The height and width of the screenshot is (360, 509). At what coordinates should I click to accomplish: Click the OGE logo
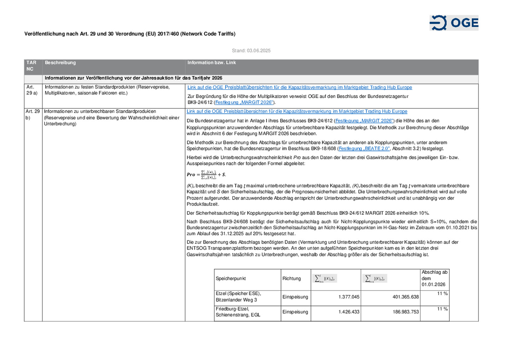click(x=454, y=23)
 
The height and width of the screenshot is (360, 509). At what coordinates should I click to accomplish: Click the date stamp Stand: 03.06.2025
click(x=251, y=51)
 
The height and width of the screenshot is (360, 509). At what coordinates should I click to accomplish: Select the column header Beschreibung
click(x=60, y=63)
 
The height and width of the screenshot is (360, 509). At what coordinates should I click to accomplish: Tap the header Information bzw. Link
click(x=211, y=63)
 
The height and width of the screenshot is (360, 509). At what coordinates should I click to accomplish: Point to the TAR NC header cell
click(x=31, y=66)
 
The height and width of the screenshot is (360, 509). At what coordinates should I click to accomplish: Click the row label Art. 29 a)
click(x=32, y=90)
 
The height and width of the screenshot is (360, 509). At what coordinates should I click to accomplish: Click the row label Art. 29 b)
click(x=33, y=115)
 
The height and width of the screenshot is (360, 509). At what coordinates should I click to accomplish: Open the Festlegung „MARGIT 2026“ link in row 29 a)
click(x=244, y=103)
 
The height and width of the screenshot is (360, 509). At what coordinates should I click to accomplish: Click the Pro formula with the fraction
click(x=206, y=174)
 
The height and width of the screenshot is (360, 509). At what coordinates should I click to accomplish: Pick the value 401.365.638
click(x=405, y=297)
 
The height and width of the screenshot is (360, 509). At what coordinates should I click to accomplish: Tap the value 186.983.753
click(x=405, y=312)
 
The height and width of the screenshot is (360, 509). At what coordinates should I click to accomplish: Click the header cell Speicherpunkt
click(x=231, y=279)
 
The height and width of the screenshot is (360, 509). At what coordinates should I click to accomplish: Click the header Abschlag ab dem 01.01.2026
click(x=434, y=278)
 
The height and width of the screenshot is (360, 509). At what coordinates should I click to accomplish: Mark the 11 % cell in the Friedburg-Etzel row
click(x=442, y=309)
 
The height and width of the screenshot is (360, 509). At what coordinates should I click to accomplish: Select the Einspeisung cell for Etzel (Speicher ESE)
click(x=295, y=297)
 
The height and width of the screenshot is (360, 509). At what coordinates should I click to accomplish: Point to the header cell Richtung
click(x=292, y=279)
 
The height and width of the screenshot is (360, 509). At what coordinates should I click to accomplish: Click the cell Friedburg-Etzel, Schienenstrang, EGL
click(x=238, y=312)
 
